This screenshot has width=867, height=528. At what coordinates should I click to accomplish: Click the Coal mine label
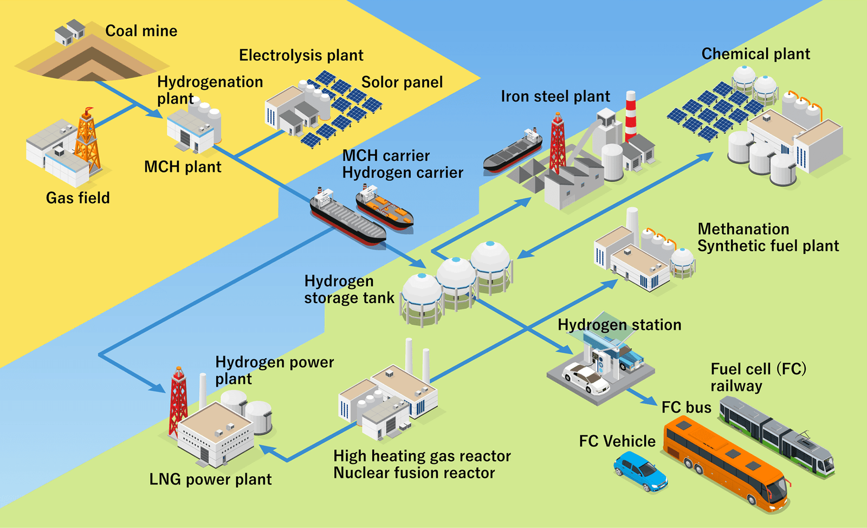pos(141,31)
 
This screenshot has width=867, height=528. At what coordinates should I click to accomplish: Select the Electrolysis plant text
pos(301,55)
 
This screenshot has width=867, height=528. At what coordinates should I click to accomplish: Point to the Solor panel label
pos(402,82)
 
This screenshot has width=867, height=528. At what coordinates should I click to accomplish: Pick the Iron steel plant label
pos(555,96)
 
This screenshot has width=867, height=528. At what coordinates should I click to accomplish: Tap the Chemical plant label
pos(755,54)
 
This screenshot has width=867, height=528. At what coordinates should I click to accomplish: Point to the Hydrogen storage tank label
pos(349,289)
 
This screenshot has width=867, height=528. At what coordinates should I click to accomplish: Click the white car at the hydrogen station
pos(585,377)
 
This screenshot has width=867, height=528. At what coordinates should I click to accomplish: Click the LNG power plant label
pos(210,480)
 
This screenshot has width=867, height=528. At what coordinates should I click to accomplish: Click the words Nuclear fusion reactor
pos(414,473)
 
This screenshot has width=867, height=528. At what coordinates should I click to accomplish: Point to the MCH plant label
pos(183,167)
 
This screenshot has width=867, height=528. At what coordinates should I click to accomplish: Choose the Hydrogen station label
pos(619,325)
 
